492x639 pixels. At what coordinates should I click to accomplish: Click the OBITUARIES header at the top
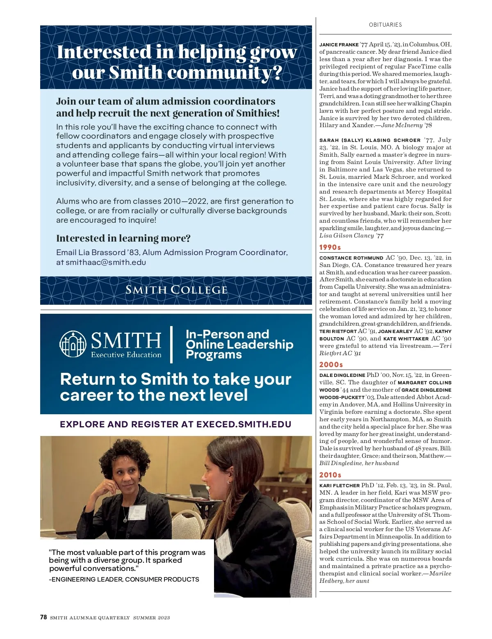click(x=385, y=25)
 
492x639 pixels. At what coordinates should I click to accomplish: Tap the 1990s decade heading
click(x=330, y=247)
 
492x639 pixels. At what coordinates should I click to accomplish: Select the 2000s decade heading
click(x=331, y=365)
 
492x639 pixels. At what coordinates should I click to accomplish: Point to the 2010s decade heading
click(x=330, y=475)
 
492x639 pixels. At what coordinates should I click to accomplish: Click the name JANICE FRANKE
click(x=339, y=45)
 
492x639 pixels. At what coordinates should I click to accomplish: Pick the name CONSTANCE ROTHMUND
click(x=351, y=258)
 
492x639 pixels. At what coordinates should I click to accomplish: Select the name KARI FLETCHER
click(x=339, y=486)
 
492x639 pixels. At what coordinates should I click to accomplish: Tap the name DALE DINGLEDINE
click(x=342, y=375)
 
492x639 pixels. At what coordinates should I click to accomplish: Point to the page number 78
click(x=43, y=617)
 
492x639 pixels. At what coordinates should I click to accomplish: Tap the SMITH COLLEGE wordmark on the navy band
click(x=176, y=290)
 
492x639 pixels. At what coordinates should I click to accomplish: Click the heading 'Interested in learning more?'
click(x=123, y=238)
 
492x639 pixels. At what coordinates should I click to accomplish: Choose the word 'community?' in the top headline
click(x=225, y=73)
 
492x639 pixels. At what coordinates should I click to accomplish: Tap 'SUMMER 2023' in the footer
click(x=151, y=618)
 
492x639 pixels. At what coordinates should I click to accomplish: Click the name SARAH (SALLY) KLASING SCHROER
click(x=370, y=140)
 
